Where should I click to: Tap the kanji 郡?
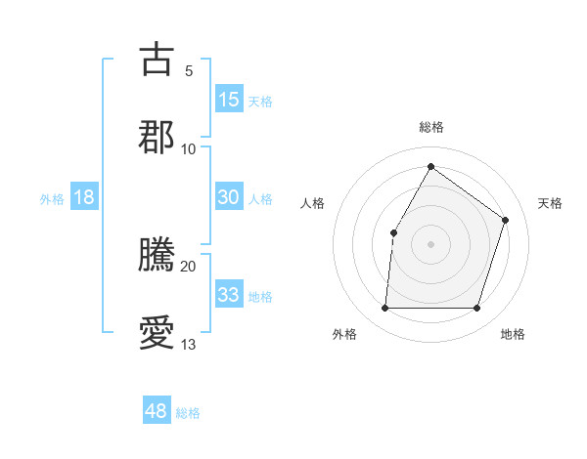click(157, 137)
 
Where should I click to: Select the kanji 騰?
click(157, 254)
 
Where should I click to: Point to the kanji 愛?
click(157, 332)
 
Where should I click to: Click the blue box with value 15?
click(229, 99)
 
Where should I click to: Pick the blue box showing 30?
click(229, 197)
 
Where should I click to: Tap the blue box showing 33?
click(229, 295)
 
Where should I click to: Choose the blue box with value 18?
click(84, 197)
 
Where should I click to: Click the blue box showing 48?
click(157, 411)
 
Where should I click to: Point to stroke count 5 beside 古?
click(189, 70)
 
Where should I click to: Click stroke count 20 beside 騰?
click(189, 266)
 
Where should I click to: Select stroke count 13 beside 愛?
click(189, 344)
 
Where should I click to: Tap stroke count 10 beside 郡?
click(189, 148)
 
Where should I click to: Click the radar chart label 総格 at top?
click(431, 127)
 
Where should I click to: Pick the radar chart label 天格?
click(550, 203)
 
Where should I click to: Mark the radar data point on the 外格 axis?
click(384, 309)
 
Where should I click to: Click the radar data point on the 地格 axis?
click(477, 309)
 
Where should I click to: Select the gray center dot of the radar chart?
click(431, 244)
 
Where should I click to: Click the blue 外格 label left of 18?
click(52, 198)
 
